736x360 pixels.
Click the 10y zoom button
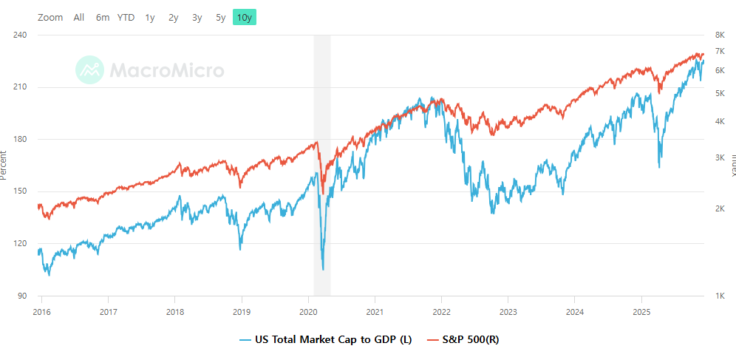(x=245, y=17)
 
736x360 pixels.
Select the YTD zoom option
(x=126, y=17)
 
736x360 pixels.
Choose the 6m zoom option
(x=103, y=17)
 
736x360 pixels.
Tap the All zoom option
(x=79, y=17)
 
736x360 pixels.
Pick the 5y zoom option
(x=221, y=17)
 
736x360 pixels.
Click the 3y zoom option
(x=197, y=17)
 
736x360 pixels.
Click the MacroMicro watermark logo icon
(x=90, y=69)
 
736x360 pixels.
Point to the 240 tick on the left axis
(x=20, y=35)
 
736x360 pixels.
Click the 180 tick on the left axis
(x=20, y=139)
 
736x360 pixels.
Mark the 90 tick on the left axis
(x=22, y=296)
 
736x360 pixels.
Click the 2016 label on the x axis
(x=41, y=311)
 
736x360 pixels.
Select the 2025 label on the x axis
(x=642, y=311)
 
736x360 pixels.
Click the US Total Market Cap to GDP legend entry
(x=325, y=340)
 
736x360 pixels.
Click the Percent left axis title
(x=4, y=165)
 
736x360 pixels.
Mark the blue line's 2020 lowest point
(x=323, y=269)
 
